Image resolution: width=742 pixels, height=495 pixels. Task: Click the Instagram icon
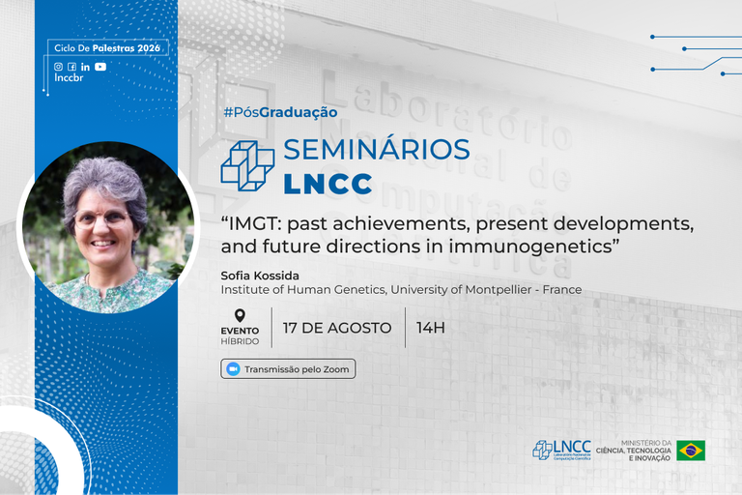58,67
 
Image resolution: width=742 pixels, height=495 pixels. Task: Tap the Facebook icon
71,67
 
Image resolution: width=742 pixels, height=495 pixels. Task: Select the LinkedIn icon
85,67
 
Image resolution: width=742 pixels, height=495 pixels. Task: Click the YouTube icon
100,67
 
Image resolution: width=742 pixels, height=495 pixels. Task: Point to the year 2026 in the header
150,47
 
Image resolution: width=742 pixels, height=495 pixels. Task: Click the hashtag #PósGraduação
280,112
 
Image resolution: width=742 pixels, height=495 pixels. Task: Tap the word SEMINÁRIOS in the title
377,149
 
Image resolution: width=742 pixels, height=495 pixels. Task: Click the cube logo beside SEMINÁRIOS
247,166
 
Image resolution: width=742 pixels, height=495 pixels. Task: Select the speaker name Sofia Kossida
260,276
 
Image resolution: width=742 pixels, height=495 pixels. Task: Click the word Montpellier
498,289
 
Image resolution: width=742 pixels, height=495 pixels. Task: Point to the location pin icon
240,315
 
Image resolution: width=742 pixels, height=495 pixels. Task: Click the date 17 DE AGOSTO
337,328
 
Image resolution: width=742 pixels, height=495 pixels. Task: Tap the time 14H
431,328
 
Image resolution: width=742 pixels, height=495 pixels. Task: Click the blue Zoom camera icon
233,369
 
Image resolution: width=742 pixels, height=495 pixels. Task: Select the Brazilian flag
691,451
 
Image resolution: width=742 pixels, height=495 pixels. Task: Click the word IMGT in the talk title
255,223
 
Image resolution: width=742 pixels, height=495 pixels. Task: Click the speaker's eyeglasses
101,219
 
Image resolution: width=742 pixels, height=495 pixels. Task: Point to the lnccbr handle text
69,78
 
